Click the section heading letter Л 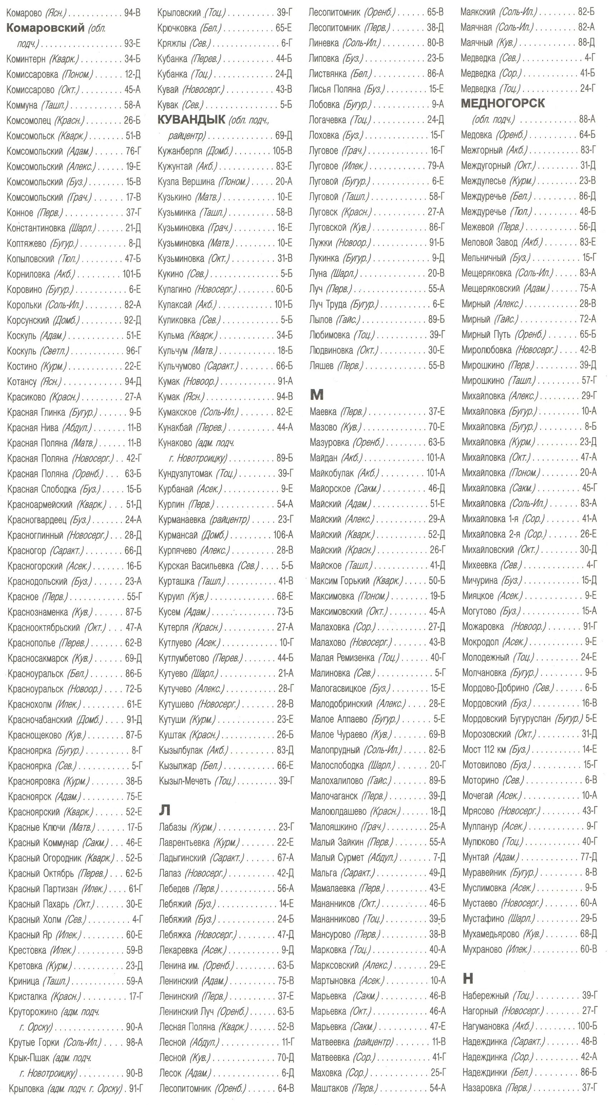coord(165,810)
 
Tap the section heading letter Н coord(468,979)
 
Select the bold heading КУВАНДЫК coord(191,120)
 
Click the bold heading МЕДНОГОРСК coord(503,103)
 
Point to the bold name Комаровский coord(45,28)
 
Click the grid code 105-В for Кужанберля coord(282,151)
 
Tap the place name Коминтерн coord(26,59)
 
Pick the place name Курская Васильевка coord(196,566)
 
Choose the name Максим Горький coord(340,581)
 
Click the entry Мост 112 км coord(484,750)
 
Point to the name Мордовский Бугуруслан coord(506,718)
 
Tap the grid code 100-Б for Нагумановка coord(587,1026)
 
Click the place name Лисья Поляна coord(335,89)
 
